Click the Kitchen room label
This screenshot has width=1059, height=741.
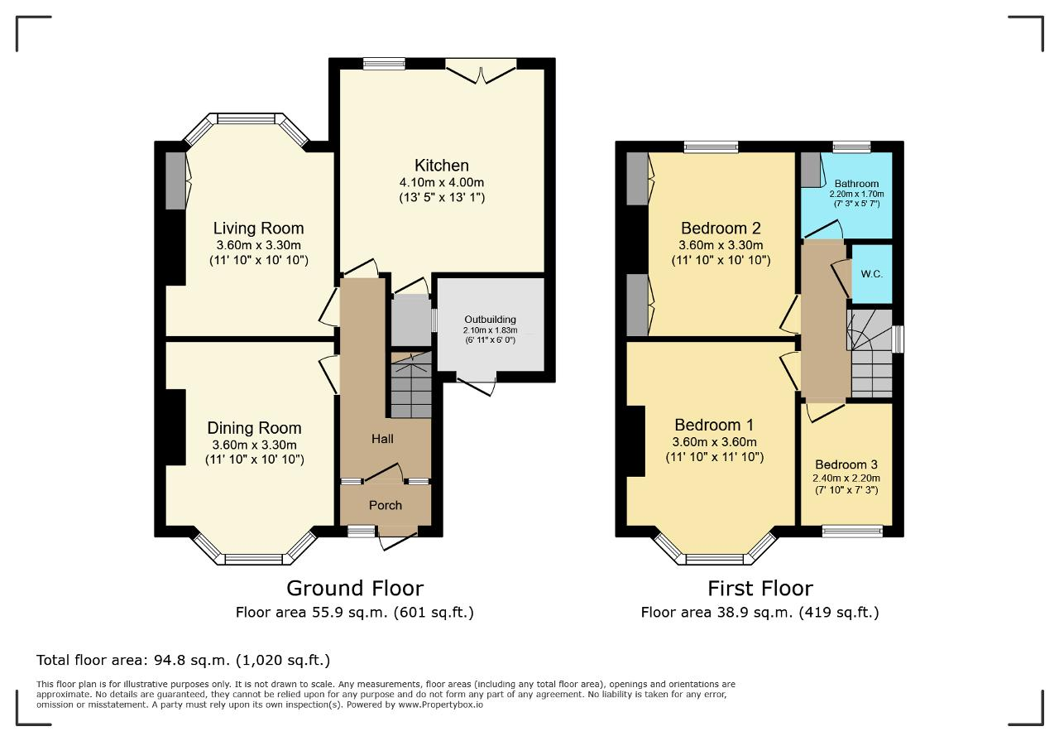point(442,166)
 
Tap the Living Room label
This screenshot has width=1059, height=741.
point(258,229)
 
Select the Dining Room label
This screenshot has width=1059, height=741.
point(254,428)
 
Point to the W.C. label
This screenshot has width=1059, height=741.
point(871,274)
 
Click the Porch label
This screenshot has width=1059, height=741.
point(386,505)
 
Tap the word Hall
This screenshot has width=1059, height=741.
point(382,439)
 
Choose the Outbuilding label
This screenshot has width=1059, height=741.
point(491,320)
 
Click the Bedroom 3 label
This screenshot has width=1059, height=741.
point(846,464)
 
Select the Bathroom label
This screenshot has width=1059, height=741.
point(856,184)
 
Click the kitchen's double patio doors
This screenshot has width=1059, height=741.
point(482,72)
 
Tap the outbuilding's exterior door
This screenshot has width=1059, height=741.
point(477,383)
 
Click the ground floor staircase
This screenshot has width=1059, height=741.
point(411,384)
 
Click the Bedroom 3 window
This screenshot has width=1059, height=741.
point(852,531)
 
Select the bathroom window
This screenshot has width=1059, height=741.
point(852,147)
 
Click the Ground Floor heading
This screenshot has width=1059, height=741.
point(355,589)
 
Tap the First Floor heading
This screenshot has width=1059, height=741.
point(760,589)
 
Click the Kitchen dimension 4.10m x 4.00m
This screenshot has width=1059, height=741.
point(442,182)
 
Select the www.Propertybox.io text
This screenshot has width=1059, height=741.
point(440,705)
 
